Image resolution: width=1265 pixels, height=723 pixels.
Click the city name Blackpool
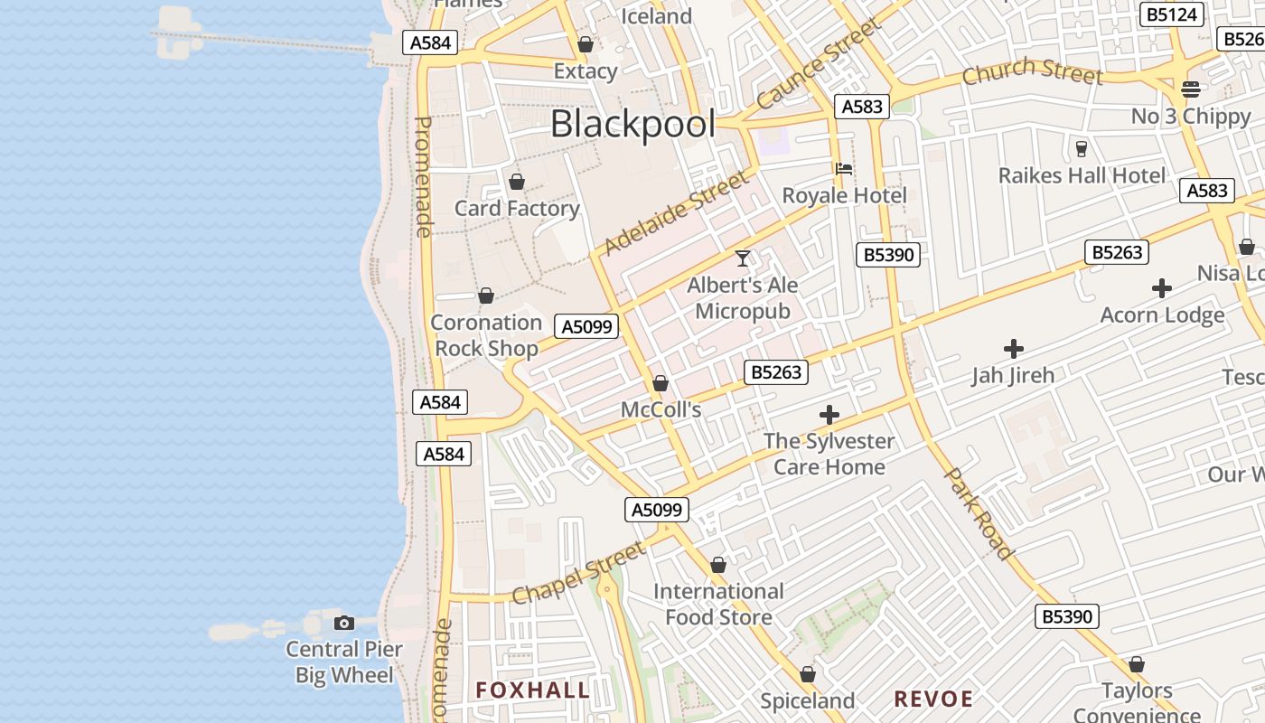tap(632, 125)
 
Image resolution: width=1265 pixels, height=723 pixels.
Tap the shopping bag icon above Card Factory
tap(517, 182)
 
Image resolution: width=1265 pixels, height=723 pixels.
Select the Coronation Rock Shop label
tap(486, 335)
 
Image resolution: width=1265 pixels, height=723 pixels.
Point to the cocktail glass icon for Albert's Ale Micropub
tap(743, 258)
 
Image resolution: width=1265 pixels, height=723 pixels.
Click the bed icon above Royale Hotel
tap(844, 168)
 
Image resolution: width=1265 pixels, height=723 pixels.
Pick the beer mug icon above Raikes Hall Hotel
tap(1082, 149)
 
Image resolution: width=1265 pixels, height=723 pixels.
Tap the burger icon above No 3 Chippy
tap(1190, 89)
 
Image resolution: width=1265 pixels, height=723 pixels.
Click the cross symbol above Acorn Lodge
tap(1162, 289)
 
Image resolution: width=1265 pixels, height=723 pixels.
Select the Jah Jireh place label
tap(1013, 375)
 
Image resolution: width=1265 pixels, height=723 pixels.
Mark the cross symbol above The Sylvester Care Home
tap(829, 415)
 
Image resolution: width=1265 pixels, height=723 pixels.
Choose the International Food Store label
tap(718, 605)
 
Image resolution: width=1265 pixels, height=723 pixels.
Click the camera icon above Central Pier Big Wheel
tap(344, 623)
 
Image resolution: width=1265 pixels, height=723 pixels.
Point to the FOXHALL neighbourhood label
tap(533, 690)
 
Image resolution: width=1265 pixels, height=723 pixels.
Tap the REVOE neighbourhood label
tap(933, 699)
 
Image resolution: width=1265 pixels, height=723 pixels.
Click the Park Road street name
tap(978, 513)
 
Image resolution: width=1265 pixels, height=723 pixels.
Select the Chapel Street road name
tap(579, 572)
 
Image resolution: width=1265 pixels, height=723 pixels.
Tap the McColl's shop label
tap(661, 410)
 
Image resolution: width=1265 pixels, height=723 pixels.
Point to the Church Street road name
tap(1031, 70)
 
